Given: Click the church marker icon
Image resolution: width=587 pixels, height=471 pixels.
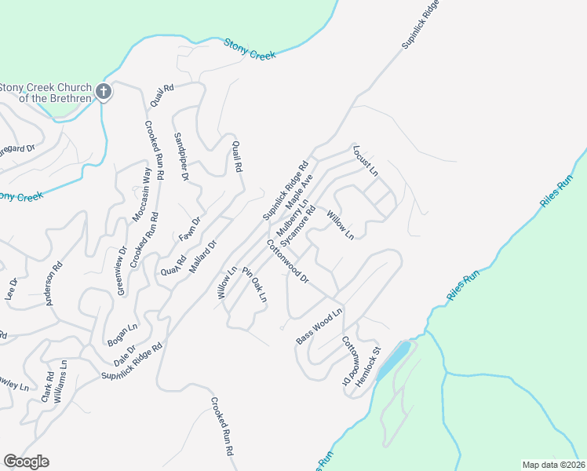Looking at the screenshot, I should [x=103, y=93].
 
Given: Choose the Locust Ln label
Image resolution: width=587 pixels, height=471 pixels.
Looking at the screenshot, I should [x=366, y=160].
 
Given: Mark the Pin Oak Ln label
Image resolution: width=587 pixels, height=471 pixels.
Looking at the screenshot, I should [x=255, y=284].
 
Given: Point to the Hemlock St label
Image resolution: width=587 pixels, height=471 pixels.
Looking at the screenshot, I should [x=368, y=363].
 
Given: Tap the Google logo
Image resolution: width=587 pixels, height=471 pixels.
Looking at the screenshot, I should [x=26, y=462].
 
